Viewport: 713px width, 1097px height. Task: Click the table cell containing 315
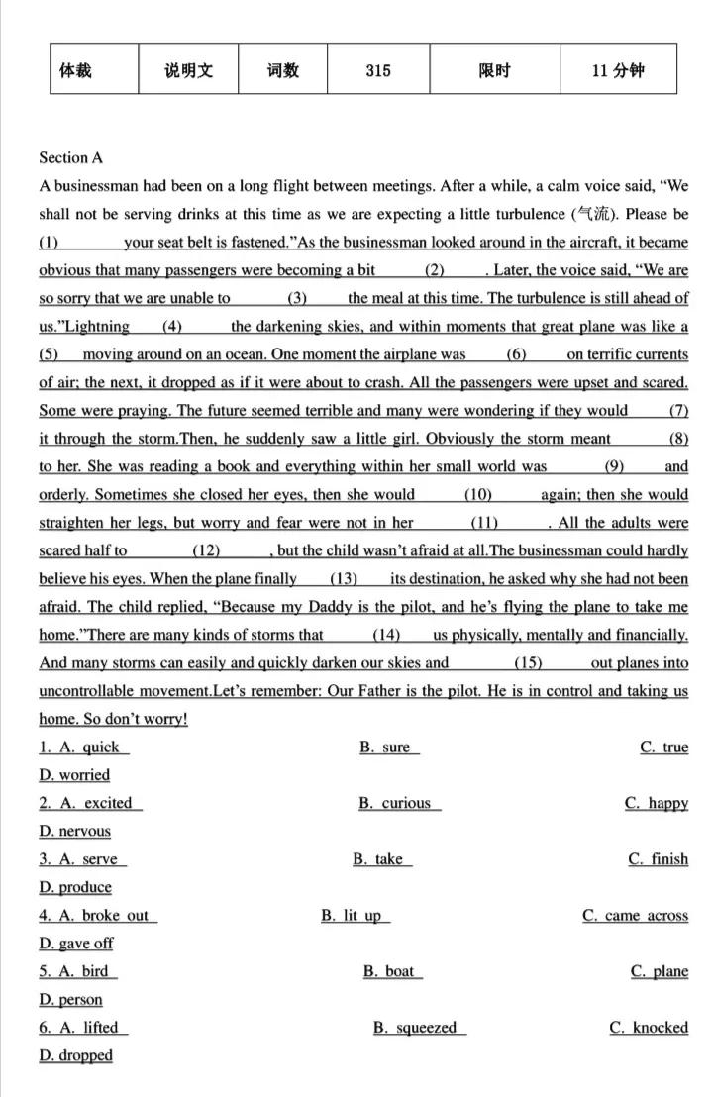pyautogui.click(x=377, y=70)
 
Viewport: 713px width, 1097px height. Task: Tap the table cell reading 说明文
pyautogui.click(x=188, y=70)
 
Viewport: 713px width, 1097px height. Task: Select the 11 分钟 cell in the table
pyautogui.click(x=617, y=70)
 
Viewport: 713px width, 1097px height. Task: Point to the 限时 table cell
pyautogui.click(x=493, y=70)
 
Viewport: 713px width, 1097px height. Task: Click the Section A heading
pyautogui.click(x=70, y=157)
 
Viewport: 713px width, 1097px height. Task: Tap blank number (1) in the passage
pyautogui.click(x=50, y=243)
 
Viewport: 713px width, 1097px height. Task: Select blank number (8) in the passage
pyautogui.click(x=678, y=439)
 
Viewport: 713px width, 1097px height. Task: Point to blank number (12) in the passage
pyautogui.click(x=206, y=550)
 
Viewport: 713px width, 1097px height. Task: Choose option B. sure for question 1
pyautogui.click(x=389, y=748)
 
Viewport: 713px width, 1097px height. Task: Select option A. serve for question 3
pyautogui.click(x=84, y=859)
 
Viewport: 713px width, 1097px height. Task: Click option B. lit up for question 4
pyautogui.click(x=356, y=916)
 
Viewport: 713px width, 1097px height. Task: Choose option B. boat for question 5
pyautogui.click(x=392, y=971)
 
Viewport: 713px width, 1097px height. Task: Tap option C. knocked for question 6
pyautogui.click(x=649, y=1028)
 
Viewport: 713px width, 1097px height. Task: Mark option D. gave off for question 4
pyautogui.click(x=76, y=944)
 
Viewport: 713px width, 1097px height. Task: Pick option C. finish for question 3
pyautogui.click(x=659, y=859)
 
